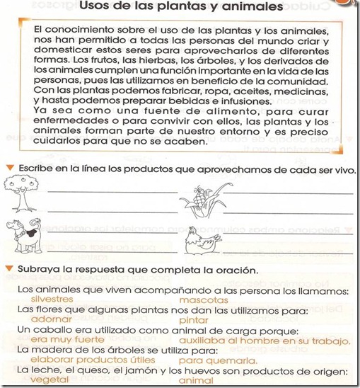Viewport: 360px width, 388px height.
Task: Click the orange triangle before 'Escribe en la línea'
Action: [x=8, y=167]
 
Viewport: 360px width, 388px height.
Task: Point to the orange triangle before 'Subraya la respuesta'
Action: [x=8, y=270]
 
